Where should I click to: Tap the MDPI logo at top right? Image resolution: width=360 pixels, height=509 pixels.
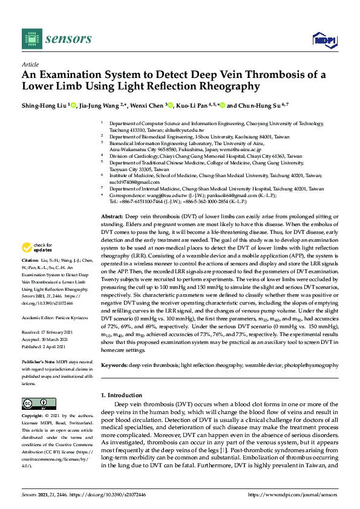click(323, 40)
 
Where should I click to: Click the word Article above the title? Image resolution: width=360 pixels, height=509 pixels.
click(30, 64)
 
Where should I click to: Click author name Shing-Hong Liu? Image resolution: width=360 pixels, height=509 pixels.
click(45, 106)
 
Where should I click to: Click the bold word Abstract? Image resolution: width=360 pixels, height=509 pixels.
click(113, 216)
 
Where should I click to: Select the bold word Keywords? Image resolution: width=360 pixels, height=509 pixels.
click(115, 366)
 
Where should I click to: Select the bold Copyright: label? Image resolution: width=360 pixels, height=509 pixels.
click(33, 417)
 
